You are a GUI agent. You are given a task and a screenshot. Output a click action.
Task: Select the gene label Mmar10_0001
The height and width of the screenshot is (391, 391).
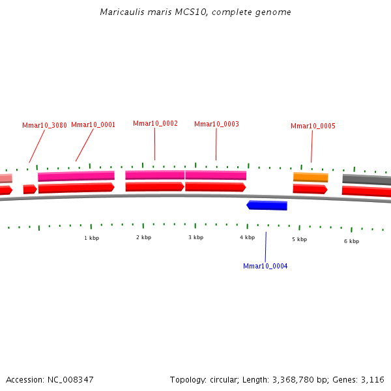(93, 125)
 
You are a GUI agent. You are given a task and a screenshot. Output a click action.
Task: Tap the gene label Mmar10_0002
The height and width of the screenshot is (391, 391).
(155, 123)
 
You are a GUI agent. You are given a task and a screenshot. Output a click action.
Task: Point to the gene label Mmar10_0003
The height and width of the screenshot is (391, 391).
(216, 124)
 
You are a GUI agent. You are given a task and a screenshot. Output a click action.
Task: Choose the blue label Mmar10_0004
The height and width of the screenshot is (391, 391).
(265, 266)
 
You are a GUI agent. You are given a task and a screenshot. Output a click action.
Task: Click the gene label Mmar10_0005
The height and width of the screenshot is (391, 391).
(313, 126)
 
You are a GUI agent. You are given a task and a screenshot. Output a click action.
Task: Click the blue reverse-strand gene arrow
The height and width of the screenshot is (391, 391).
(267, 205)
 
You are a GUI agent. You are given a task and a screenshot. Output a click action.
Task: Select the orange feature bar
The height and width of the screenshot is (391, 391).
(310, 177)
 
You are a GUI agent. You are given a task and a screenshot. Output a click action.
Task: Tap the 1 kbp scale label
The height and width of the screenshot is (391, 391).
(91, 238)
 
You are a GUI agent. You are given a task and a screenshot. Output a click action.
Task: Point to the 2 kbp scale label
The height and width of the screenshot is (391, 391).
(143, 237)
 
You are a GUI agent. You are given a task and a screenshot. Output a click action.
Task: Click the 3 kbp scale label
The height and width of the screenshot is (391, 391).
(195, 237)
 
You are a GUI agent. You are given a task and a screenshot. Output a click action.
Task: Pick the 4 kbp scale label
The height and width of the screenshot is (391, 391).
(247, 237)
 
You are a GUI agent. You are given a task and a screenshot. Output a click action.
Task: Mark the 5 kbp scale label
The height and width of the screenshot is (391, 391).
(299, 239)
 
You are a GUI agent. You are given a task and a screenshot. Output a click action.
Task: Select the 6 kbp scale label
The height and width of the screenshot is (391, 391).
(351, 241)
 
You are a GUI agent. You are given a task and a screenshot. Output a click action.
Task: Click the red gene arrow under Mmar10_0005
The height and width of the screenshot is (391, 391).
(310, 189)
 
